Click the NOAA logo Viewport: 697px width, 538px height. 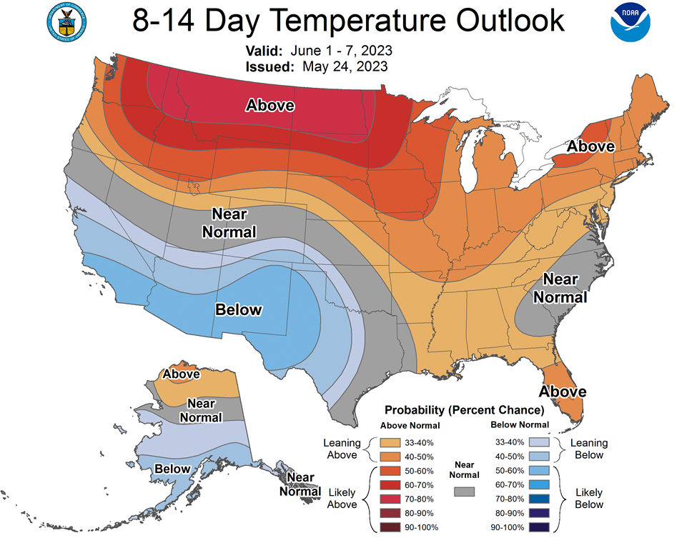click(x=631, y=21)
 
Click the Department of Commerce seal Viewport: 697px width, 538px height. click(x=66, y=22)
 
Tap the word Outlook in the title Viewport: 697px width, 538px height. click(x=510, y=20)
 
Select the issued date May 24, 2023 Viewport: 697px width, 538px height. click(x=345, y=66)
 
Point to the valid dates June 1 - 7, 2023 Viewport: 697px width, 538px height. click(x=342, y=51)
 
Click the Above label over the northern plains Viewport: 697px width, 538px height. click(x=270, y=105)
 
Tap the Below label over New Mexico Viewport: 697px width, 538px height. click(x=239, y=309)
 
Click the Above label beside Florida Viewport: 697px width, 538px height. click(x=563, y=392)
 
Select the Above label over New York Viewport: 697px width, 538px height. click(x=590, y=146)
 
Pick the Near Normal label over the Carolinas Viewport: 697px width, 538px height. click(x=560, y=289)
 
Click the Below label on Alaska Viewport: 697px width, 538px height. click(x=172, y=469)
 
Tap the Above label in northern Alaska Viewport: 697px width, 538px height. click(x=182, y=374)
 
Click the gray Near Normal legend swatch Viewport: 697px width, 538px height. click(x=464, y=492)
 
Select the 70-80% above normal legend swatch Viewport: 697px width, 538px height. click(x=390, y=499)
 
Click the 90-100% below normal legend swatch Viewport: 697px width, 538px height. click(x=539, y=527)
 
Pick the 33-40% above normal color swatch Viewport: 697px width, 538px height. click(x=390, y=442)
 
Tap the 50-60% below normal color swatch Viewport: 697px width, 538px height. click(x=539, y=470)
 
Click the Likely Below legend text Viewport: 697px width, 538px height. click(x=589, y=499)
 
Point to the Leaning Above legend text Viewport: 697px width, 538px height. click(x=342, y=449)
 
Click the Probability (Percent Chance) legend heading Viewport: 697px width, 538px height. click(x=464, y=410)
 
